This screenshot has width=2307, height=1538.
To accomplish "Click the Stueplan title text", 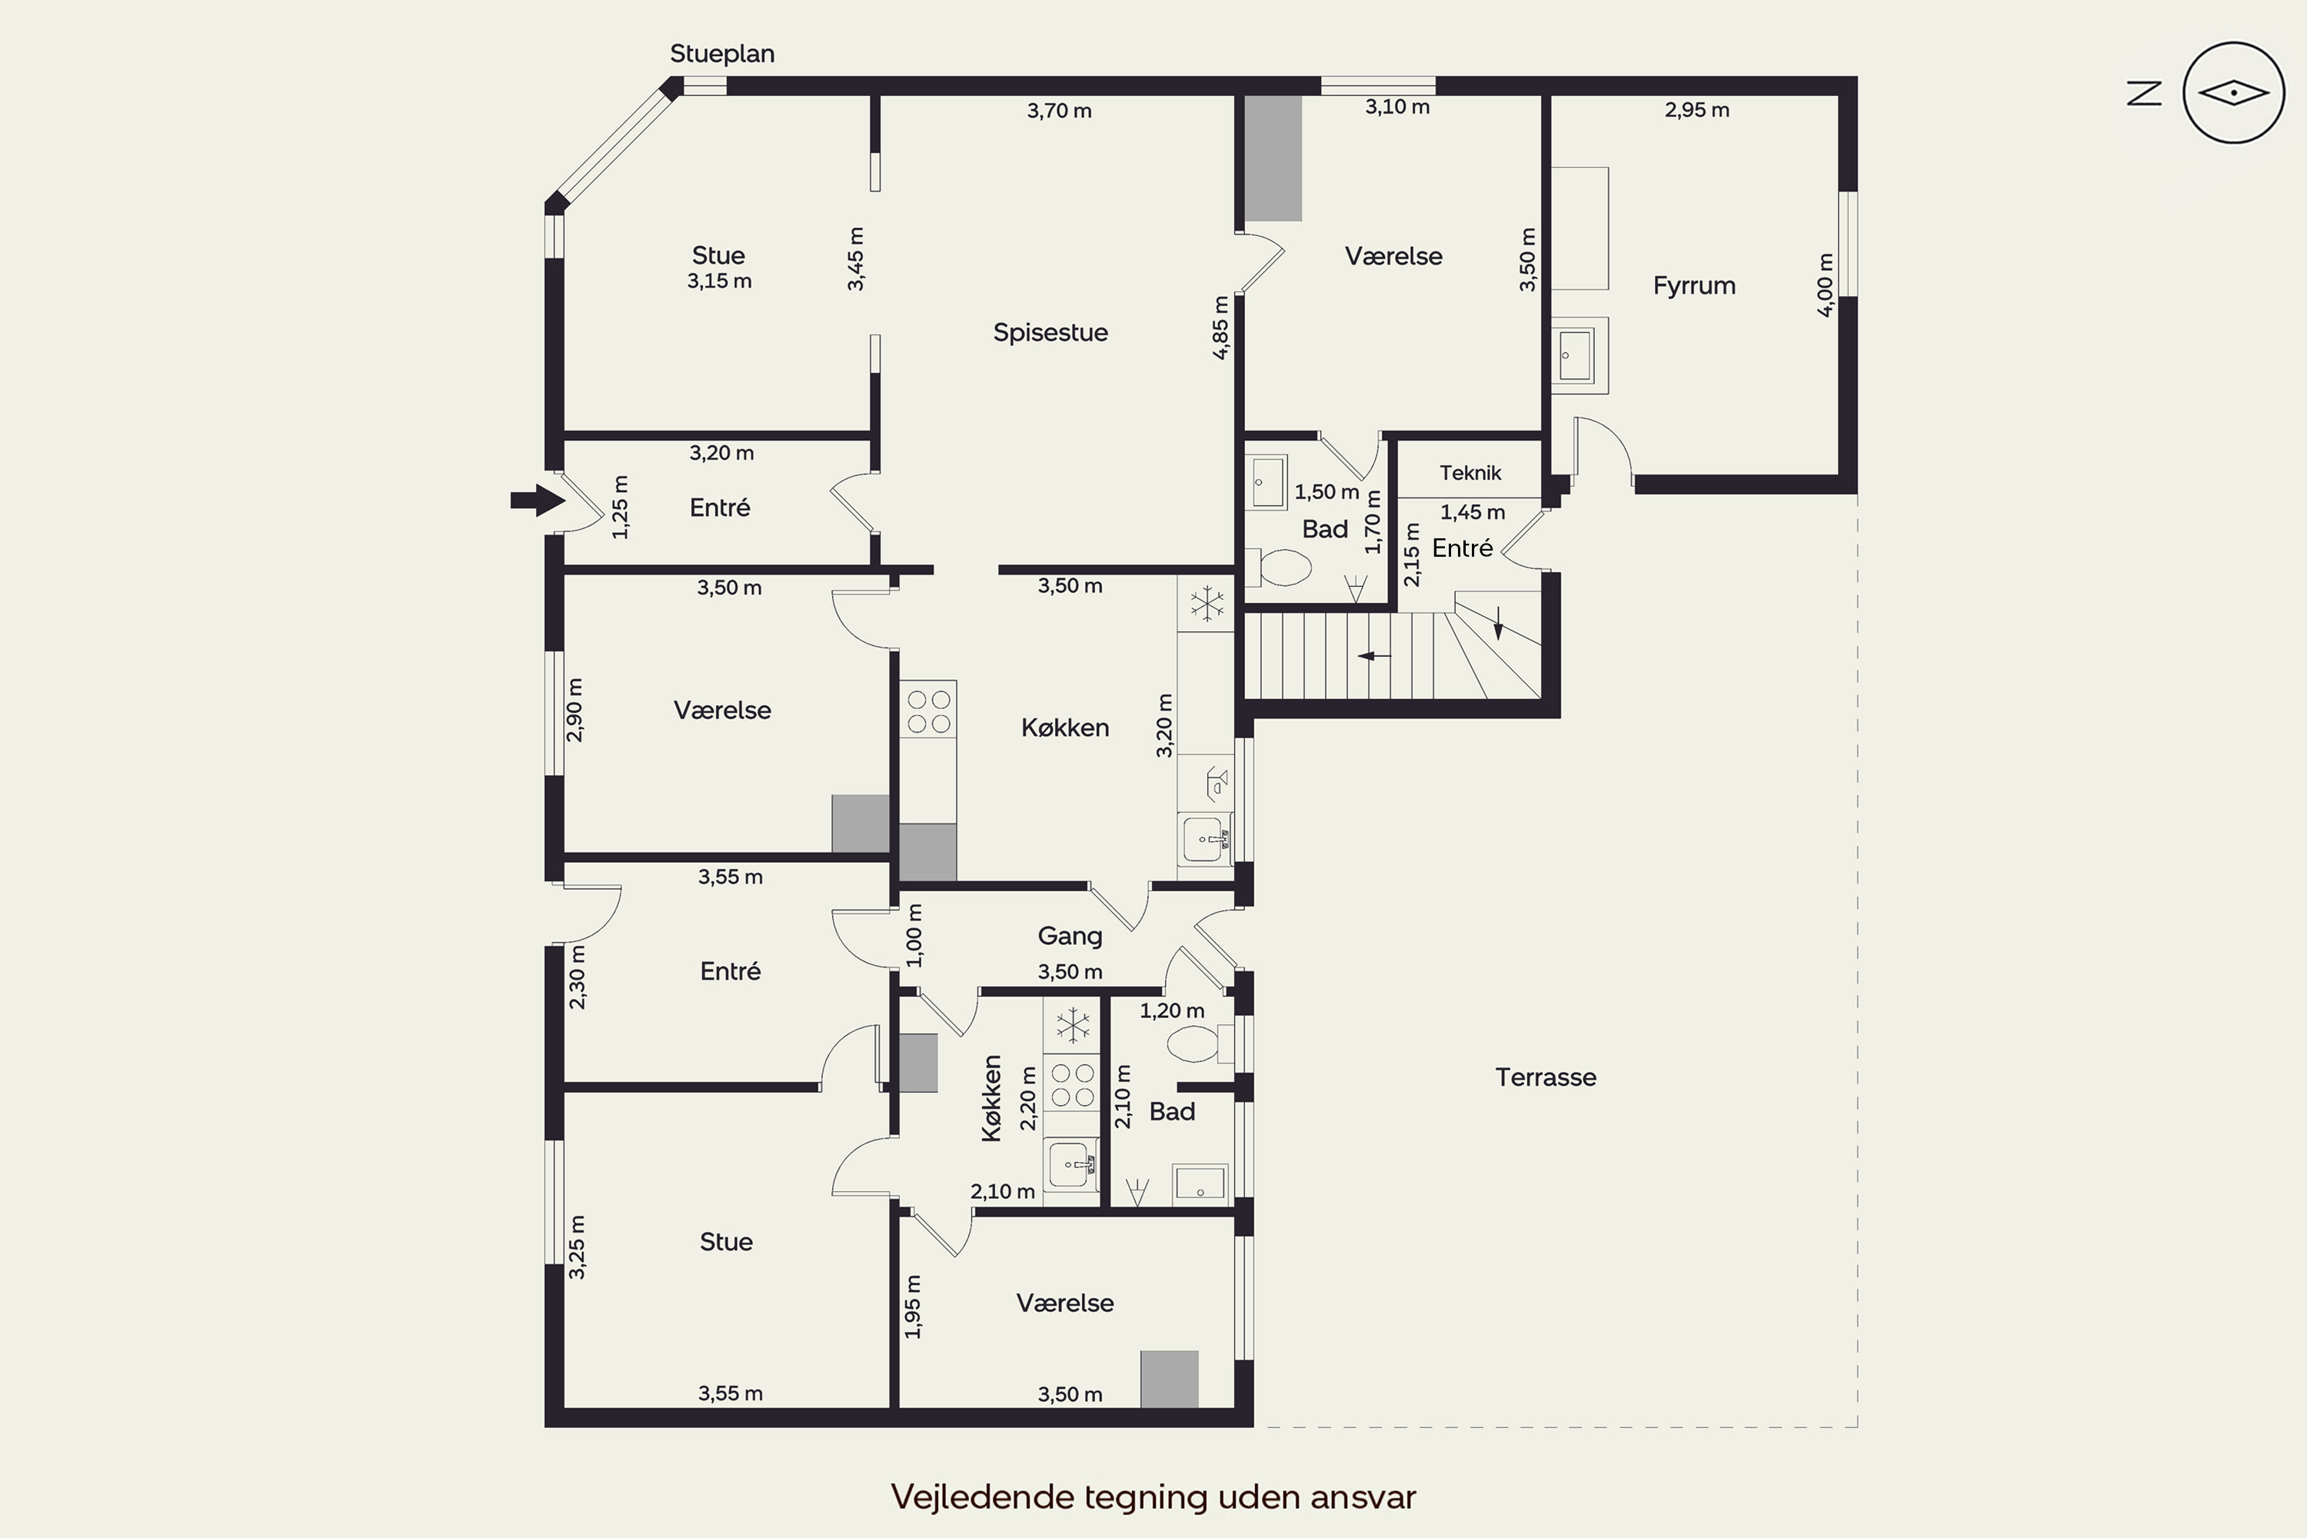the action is (722, 54).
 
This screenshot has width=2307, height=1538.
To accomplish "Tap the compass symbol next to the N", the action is (2233, 93).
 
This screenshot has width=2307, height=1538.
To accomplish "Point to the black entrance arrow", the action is (538, 501).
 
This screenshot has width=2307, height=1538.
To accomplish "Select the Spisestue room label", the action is (1050, 332).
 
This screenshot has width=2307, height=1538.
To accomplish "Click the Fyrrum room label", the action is (1694, 285).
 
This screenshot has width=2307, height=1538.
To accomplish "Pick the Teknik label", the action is (1470, 473).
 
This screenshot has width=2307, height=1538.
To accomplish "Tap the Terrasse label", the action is (1546, 1077).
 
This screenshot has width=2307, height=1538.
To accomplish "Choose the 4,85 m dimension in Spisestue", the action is (1220, 328).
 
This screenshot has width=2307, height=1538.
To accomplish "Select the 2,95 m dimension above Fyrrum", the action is (1697, 110).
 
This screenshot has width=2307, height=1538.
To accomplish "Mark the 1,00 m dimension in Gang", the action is (914, 935).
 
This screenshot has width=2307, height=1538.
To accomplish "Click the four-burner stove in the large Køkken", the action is (928, 711).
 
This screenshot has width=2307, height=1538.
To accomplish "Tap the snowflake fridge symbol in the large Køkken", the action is (1207, 603).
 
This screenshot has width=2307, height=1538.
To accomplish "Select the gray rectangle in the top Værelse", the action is (1273, 158).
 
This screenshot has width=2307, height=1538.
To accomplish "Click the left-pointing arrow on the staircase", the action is (1374, 655).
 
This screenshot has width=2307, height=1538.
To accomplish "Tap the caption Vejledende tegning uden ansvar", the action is (1153, 1496).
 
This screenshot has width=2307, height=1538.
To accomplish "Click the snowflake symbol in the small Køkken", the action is (1073, 1026).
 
